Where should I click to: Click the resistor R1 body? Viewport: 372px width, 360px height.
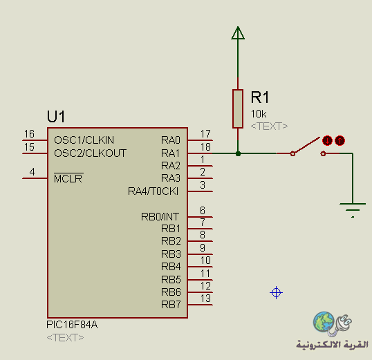tap(238, 108)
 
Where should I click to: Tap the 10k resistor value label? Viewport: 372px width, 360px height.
tap(259, 114)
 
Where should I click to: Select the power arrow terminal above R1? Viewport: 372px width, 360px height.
tap(238, 32)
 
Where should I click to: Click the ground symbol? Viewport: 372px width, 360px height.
tap(353, 210)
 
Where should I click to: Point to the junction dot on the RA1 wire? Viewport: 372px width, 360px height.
tap(238, 153)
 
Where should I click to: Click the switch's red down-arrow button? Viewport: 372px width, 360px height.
tap(327, 141)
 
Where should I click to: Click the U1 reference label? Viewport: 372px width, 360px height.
tap(56, 117)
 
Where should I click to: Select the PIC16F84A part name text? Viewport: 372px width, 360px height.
tap(72, 325)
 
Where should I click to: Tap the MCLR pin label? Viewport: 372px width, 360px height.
tap(68, 178)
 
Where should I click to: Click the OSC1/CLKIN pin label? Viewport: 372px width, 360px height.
tap(84, 140)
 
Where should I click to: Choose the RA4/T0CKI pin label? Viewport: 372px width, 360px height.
tap(153, 191)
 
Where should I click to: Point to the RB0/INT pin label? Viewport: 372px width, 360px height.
tap(160, 216)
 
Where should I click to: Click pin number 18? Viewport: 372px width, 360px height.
tap(205, 147)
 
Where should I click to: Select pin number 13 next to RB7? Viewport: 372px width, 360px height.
tap(205, 298)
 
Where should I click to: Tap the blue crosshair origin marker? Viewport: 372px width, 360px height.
tap(276, 293)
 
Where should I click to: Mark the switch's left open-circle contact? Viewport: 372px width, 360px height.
tap(292, 153)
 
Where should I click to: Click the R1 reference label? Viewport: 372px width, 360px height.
tap(260, 97)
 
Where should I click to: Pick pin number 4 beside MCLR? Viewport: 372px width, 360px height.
tap(32, 171)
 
